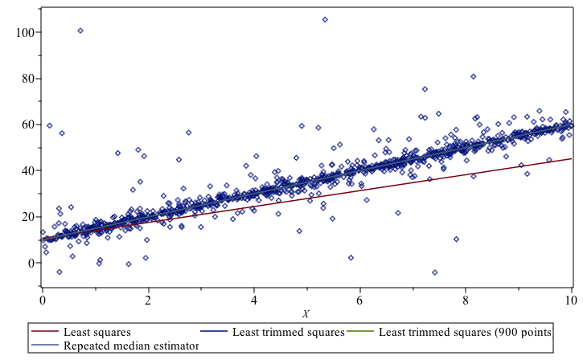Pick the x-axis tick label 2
[x=148, y=299]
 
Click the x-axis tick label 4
[x=254, y=299]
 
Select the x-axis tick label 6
[x=360, y=299]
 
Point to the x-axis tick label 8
[x=466, y=299]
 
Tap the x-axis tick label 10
[x=570, y=299]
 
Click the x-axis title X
[x=306, y=313]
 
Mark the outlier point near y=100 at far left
[x=80, y=31]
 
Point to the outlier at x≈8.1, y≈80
[x=474, y=76]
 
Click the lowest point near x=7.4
[x=435, y=272]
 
